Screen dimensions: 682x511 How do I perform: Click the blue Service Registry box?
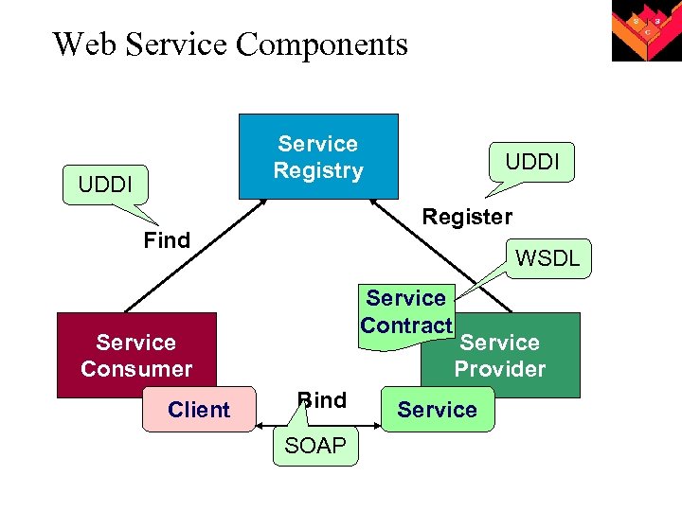pos(318,156)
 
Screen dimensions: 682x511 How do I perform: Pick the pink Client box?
pos(199,410)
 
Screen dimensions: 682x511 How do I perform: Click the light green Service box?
pos(438,410)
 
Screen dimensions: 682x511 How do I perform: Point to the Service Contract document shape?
pos(406,316)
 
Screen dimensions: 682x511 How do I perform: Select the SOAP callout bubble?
pos(315,445)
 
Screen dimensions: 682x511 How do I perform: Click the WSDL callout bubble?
pos(548,258)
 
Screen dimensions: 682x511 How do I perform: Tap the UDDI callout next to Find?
pos(105,185)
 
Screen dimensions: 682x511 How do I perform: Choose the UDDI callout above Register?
pos(531,162)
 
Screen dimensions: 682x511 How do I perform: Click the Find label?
pos(167,239)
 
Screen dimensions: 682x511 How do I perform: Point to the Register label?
pos(468,217)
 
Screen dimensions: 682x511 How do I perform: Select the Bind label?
pos(322,399)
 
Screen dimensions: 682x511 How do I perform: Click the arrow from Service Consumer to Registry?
pos(195,255)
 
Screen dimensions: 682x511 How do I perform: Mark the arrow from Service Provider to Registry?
pos(440,255)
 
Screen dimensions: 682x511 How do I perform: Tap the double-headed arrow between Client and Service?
pos(318,426)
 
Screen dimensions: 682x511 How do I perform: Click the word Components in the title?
pos(322,44)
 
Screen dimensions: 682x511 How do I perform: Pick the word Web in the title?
pos(84,44)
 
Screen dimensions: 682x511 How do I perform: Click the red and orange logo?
pos(647,30)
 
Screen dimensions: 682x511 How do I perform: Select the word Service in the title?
pos(176,44)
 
